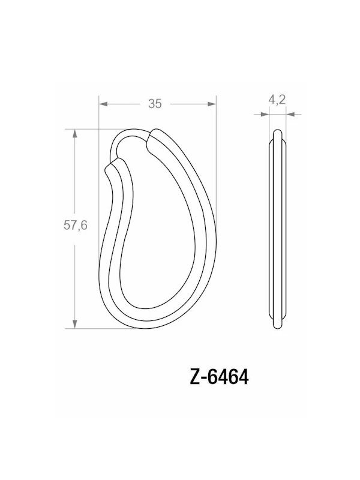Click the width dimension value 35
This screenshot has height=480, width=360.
pyautogui.click(x=155, y=104)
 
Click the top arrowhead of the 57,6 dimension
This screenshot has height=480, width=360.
pyautogui.click(x=75, y=133)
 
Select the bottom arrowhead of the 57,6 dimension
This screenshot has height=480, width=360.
pyautogui.click(x=75, y=324)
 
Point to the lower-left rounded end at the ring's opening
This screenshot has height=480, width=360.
pyautogui.click(x=112, y=167)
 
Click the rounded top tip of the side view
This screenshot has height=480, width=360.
pyautogui.click(x=277, y=131)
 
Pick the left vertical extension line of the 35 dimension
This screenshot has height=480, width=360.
pyautogui.click(x=98, y=120)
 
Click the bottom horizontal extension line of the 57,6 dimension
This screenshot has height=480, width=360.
pyautogui.click(x=90, y=328)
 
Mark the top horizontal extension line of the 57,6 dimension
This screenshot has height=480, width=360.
pyautogui.click(x=90, y=129)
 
